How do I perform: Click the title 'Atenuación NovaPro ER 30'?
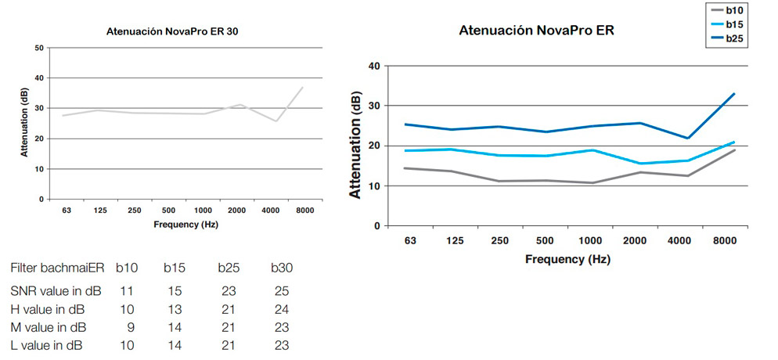click(x=167, y=32)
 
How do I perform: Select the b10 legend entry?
click(x=734, y=10)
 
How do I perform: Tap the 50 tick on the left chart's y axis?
click(x=39, y=49)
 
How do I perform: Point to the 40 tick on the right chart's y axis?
click(x=373, y=66)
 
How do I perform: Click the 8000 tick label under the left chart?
click(x=302, y=211)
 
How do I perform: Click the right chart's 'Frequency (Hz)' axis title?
click(x=567, y=259)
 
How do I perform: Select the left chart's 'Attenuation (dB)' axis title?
click(x=26, y=123)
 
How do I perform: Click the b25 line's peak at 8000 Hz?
click(x=733, y=94)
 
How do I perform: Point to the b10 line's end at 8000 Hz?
click(x=733, y=149)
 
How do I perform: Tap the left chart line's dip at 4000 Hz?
click(x=275, y=121)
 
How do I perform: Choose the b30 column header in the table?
click(x=281, y=268)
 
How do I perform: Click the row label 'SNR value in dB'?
click(x=56, y=290)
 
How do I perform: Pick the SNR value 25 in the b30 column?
click(x=281, y=290)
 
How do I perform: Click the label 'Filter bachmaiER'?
click(x=57, y=268)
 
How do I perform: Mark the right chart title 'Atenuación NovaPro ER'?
click(x=537, y=31)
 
